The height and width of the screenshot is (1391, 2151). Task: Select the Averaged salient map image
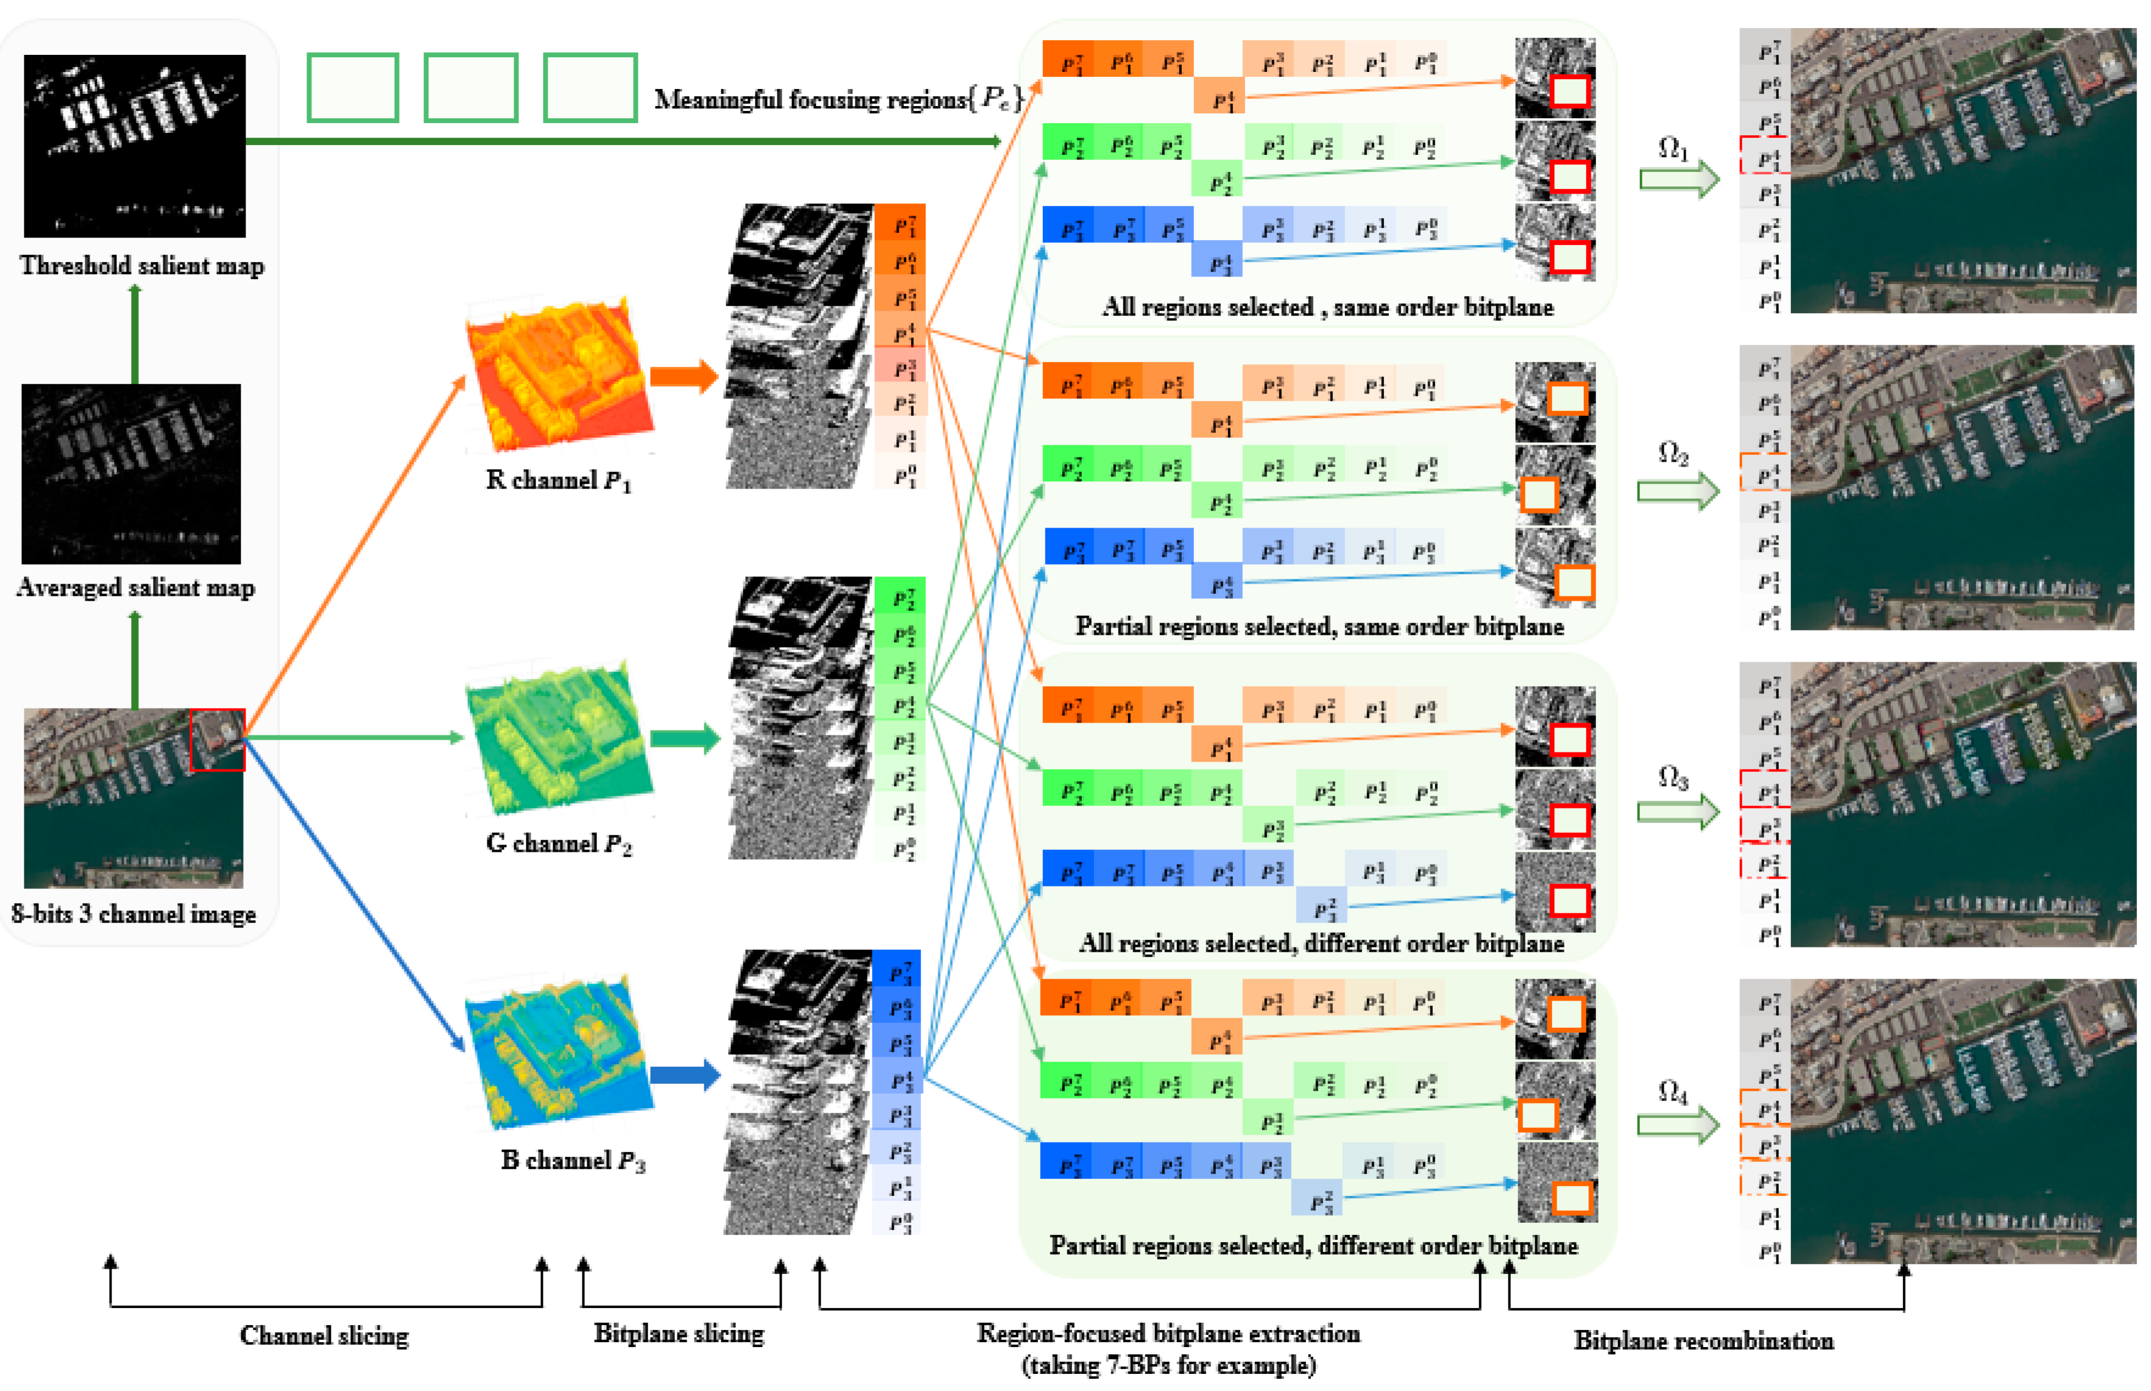[131, 473]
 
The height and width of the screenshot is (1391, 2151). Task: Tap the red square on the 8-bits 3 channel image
[217, 740]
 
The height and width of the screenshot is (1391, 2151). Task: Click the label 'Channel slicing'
[324, 1335]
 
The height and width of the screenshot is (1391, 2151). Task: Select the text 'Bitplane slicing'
[679, 1333]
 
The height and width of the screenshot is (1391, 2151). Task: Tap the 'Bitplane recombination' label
[1703, 1340]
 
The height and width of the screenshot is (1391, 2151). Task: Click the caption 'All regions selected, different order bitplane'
[1321, 943]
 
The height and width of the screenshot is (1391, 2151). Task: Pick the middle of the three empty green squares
[470, 88]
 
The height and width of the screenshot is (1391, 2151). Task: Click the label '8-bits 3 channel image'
[133, 914]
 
